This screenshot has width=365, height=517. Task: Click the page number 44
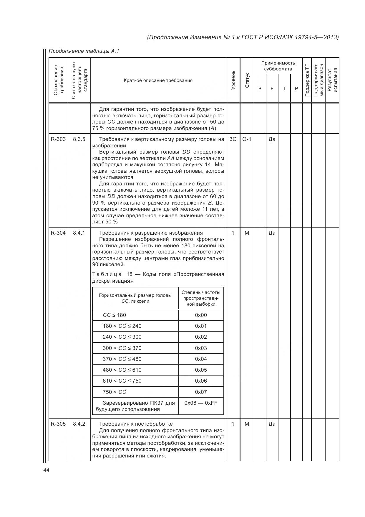(46, 470)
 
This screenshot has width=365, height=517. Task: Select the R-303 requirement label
(58, 139)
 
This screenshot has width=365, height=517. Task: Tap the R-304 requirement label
(58, 233)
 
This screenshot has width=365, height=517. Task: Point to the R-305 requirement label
(58, 424)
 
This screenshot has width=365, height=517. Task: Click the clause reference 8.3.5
(79, 139)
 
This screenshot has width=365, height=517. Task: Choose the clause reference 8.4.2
(79, 424)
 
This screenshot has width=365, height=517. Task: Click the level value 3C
(233, 139)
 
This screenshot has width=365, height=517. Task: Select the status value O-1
(247, 139)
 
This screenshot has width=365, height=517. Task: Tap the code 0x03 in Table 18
(201, 348)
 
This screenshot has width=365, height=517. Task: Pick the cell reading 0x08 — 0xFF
(201, 403)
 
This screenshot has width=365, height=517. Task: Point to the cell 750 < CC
(115, 392)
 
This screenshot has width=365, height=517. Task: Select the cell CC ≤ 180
(114, 315)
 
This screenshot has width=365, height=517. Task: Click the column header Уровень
(233, 80)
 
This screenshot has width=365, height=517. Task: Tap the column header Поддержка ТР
(307, 80)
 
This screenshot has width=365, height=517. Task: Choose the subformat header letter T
(284, 88)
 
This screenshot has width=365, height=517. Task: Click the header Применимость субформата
(278, 66)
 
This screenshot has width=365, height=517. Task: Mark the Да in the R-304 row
(272, 233)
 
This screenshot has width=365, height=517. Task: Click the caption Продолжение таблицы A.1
(84, 51)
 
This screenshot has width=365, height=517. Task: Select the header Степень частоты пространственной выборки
(201, 298)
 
